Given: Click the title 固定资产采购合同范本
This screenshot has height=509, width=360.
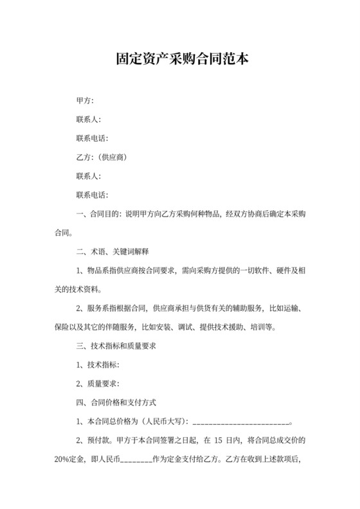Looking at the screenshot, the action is click(179, 60).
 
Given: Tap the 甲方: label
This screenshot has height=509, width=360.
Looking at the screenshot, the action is click(85, 101).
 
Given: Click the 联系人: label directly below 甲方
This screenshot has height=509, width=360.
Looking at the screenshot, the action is click(89, 120).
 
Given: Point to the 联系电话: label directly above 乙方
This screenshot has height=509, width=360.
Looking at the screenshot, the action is click(92, 139).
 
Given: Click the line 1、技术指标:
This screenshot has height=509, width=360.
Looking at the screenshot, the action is click(98, 365).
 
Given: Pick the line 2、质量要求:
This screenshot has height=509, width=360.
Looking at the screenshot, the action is click(98, 384).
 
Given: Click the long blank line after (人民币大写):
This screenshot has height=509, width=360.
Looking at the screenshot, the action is click(242, 423).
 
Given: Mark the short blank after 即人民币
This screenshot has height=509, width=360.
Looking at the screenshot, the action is click(135, 461).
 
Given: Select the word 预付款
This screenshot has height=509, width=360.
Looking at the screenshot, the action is click(100, 442).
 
